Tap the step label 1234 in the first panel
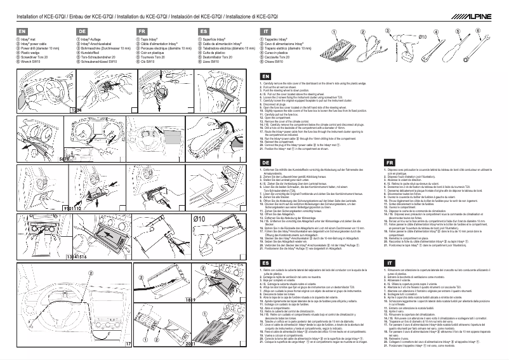(76, 110)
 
